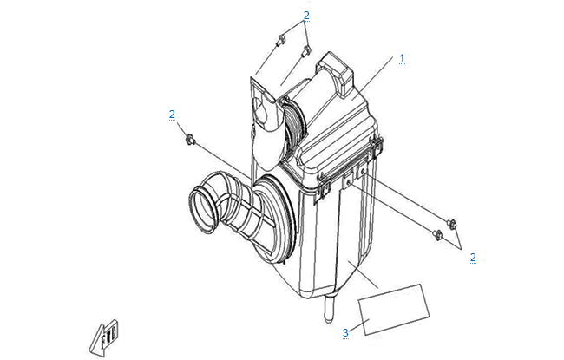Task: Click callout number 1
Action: click(x=402, y=58)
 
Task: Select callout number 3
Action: click(x=345, y=332)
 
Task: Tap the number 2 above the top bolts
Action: click(x=306, y=15)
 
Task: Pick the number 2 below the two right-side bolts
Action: click(x=473, y=257)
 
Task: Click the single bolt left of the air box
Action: click(x=190, y=139)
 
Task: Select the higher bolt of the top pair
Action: click(x=280, y=40)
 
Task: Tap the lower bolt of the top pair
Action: click(x=306, y=50)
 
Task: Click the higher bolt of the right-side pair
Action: click(x=452, y=224)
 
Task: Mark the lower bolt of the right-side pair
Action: click(x=437, y=235)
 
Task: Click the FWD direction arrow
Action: click(x=103, y=338)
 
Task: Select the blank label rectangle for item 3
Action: click(x=394, y=310)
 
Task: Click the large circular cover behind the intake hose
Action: click(x=274, y=217)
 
